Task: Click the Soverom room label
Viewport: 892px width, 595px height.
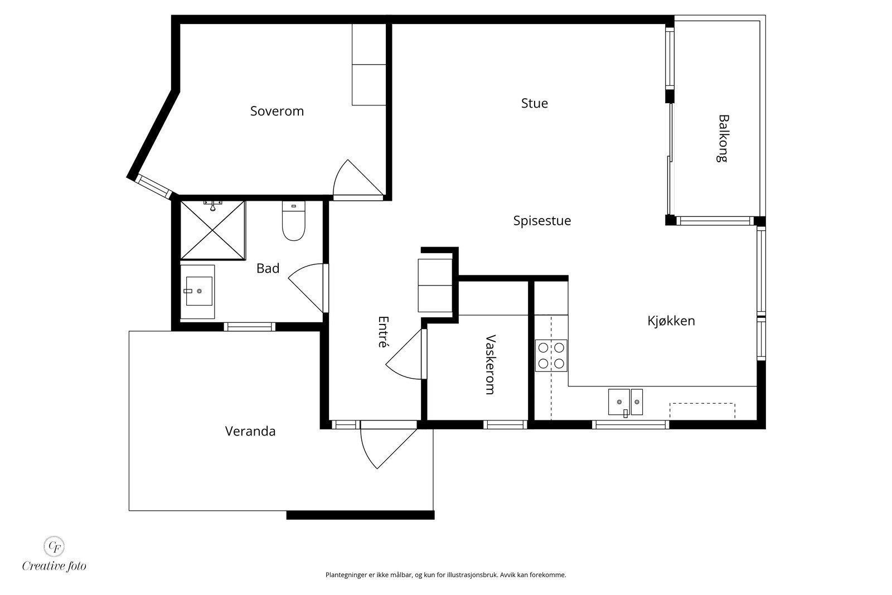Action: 277,111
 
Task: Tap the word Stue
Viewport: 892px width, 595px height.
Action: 535,104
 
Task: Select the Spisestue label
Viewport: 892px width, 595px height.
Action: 542,221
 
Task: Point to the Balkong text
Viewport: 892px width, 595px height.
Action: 723,139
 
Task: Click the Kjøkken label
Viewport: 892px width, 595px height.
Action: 671,321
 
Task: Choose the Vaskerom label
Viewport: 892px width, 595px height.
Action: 491,364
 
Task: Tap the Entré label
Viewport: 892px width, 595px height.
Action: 383,332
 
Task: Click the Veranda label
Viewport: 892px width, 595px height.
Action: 250,431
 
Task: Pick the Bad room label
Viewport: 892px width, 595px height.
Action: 268,268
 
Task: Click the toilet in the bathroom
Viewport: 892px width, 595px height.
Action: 293,221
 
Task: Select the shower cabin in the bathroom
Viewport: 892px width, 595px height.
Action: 213,231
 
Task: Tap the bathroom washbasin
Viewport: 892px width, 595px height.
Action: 198,292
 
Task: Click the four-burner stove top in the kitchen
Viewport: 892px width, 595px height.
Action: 551,356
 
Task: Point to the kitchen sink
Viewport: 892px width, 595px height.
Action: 625,402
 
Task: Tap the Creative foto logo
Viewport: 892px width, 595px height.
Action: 54,554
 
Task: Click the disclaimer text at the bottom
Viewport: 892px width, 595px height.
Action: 445,575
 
